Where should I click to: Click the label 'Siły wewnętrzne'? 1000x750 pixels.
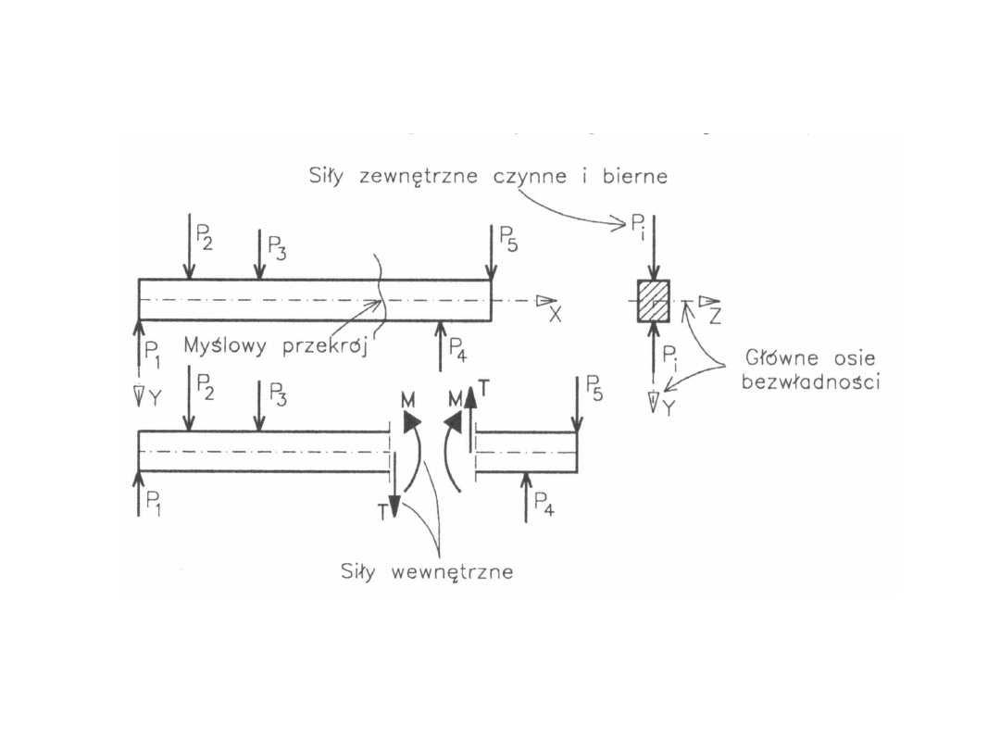pos(426,572)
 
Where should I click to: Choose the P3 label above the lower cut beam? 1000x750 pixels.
pos(277,394)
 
